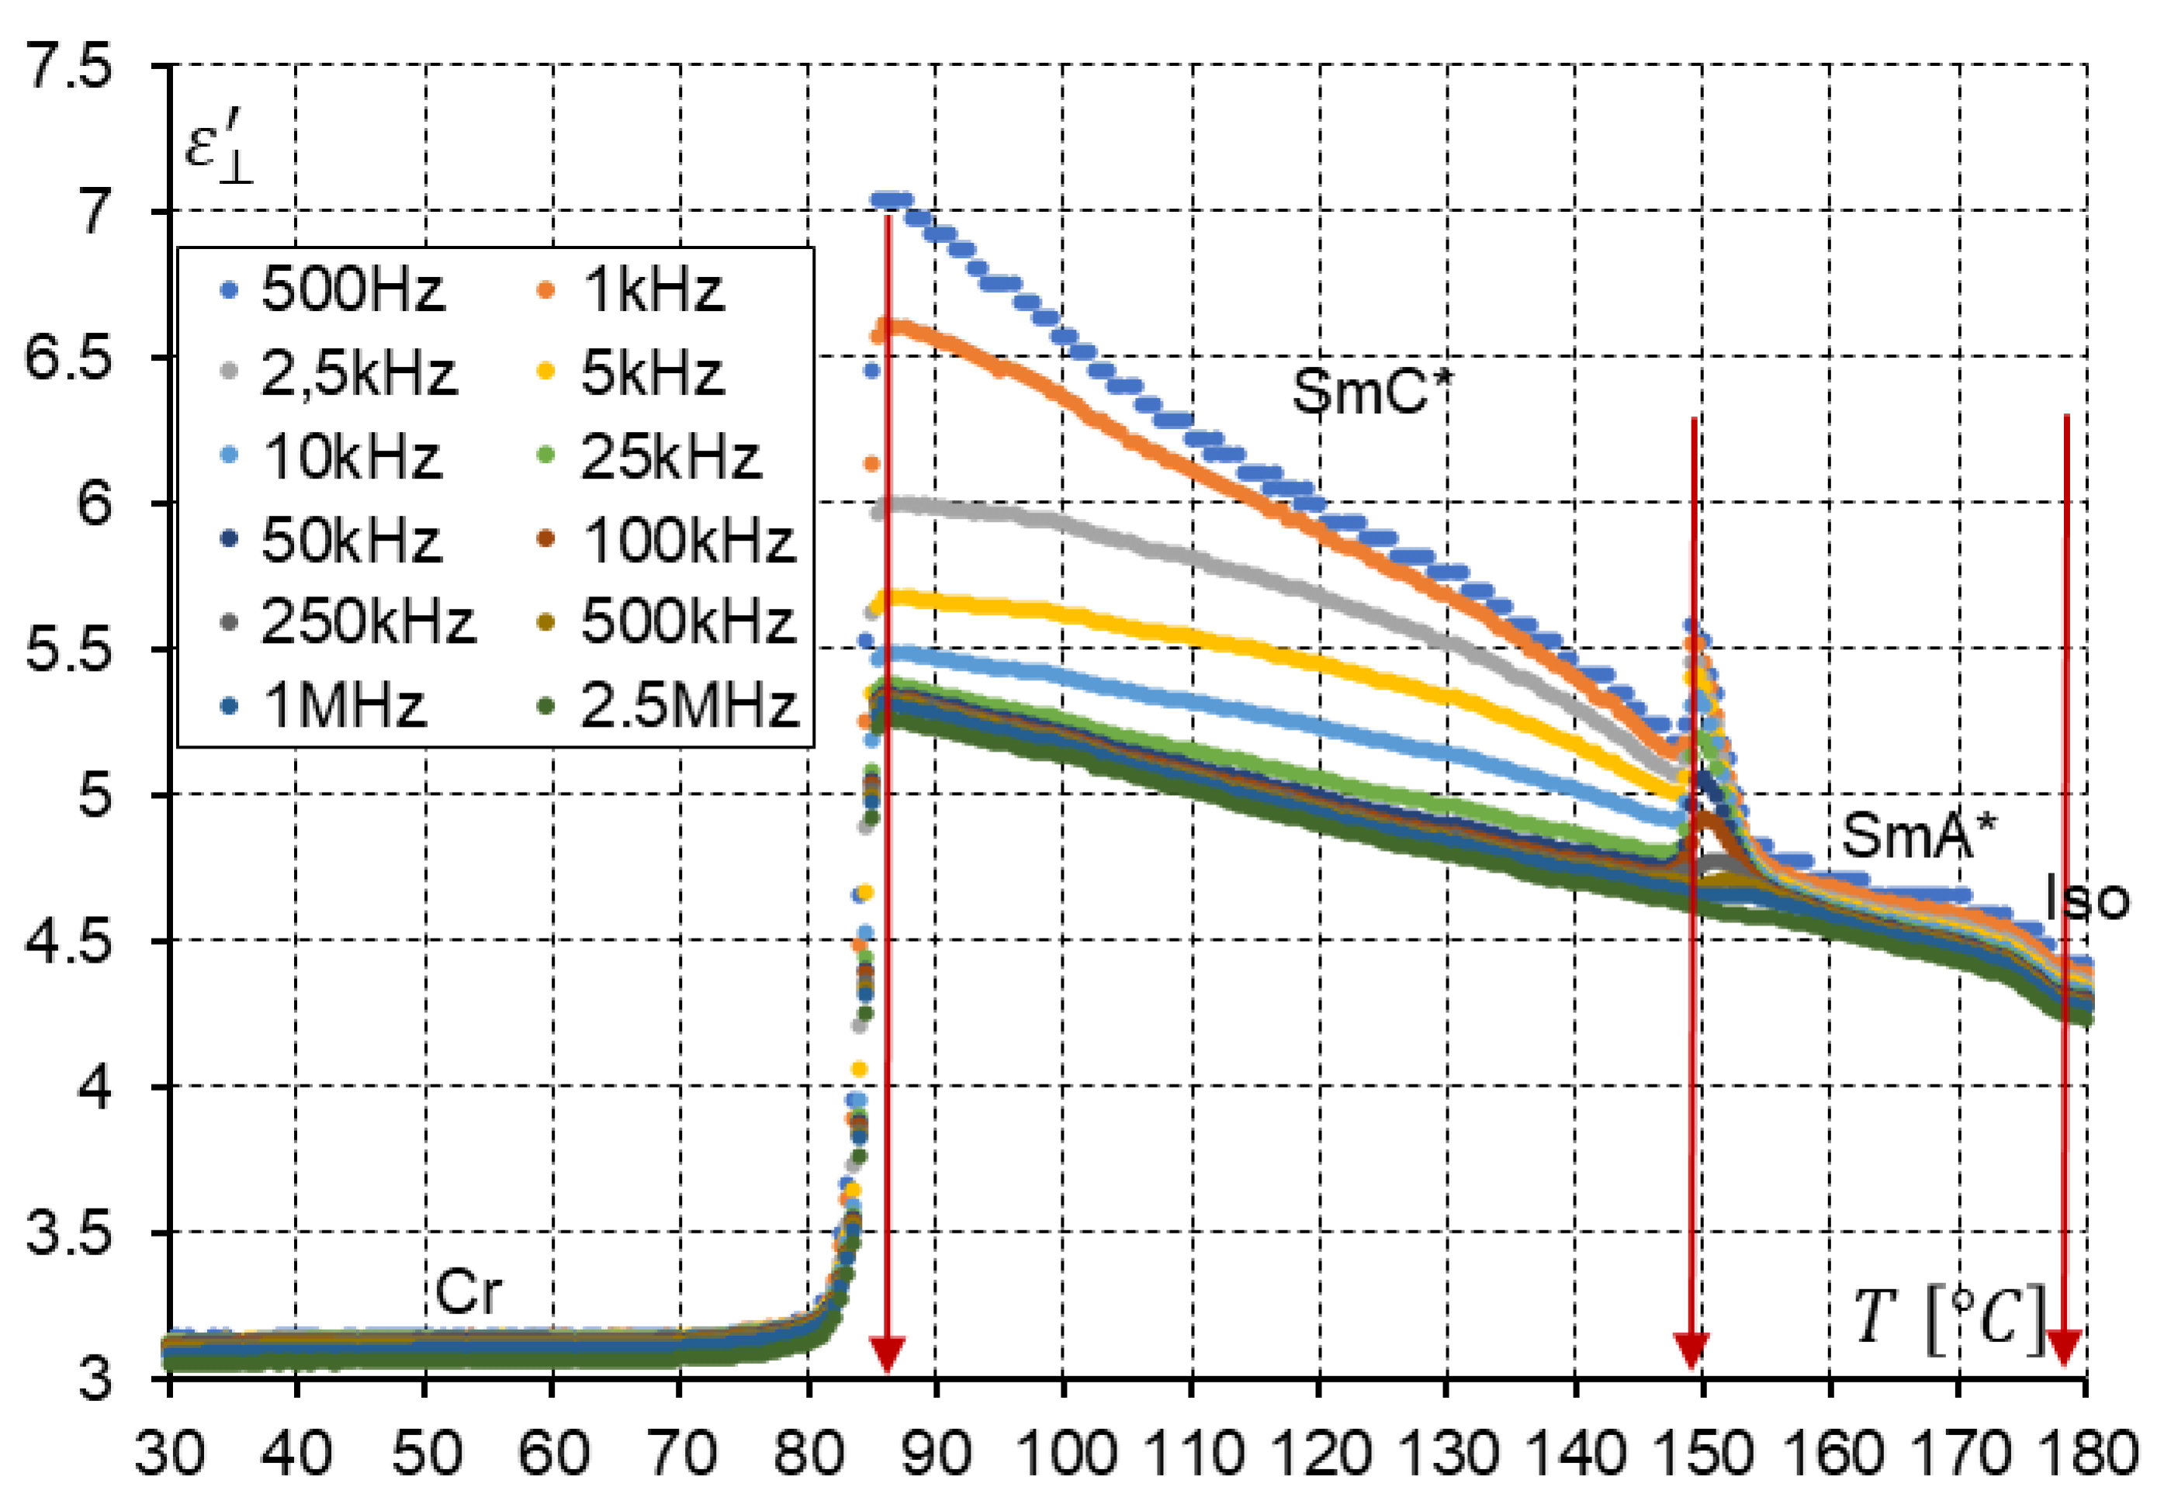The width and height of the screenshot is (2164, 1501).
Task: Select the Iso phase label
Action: point(2086,899)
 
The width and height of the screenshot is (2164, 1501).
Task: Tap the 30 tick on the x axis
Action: point(169,1453)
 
